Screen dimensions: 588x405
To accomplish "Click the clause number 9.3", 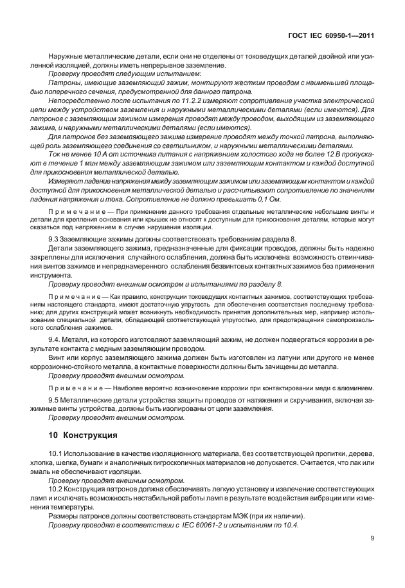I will [x=55, y=239].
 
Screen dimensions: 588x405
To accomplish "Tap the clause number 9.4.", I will [x=55, y=338].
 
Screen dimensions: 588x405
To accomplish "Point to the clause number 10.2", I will [x=57, y=490].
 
